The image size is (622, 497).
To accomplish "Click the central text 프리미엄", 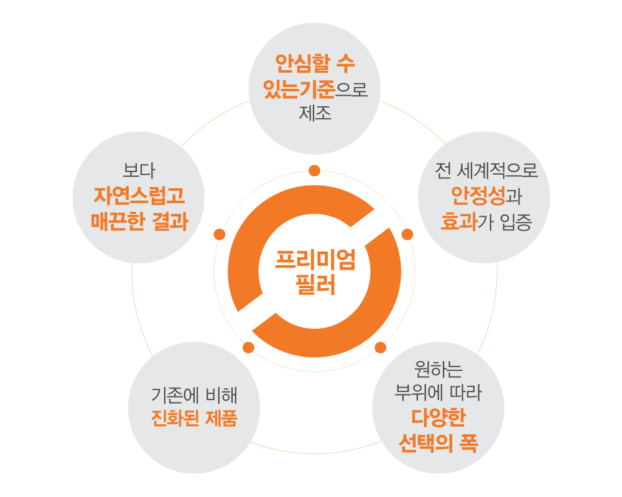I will [x=315, y=261].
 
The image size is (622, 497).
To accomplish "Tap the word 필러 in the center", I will [x=315, y=286].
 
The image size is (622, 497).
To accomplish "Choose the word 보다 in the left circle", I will [x=139, y=170].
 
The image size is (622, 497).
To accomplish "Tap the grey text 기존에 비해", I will [x=194, y=394].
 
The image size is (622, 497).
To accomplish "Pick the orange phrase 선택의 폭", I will [x=438, y=443].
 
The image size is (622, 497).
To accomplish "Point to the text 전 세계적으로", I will [x=486, y=170].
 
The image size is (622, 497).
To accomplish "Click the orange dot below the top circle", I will [x=315, y=170].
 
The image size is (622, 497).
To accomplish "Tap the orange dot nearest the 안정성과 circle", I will [x=407, y=235].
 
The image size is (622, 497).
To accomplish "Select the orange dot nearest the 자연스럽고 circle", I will [x=219, y=234].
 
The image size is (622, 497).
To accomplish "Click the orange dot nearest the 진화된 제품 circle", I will [x=248, y=347].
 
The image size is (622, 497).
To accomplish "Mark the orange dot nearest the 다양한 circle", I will [x=380, y=347].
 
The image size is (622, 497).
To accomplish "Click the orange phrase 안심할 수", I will [x=315, y=64].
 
